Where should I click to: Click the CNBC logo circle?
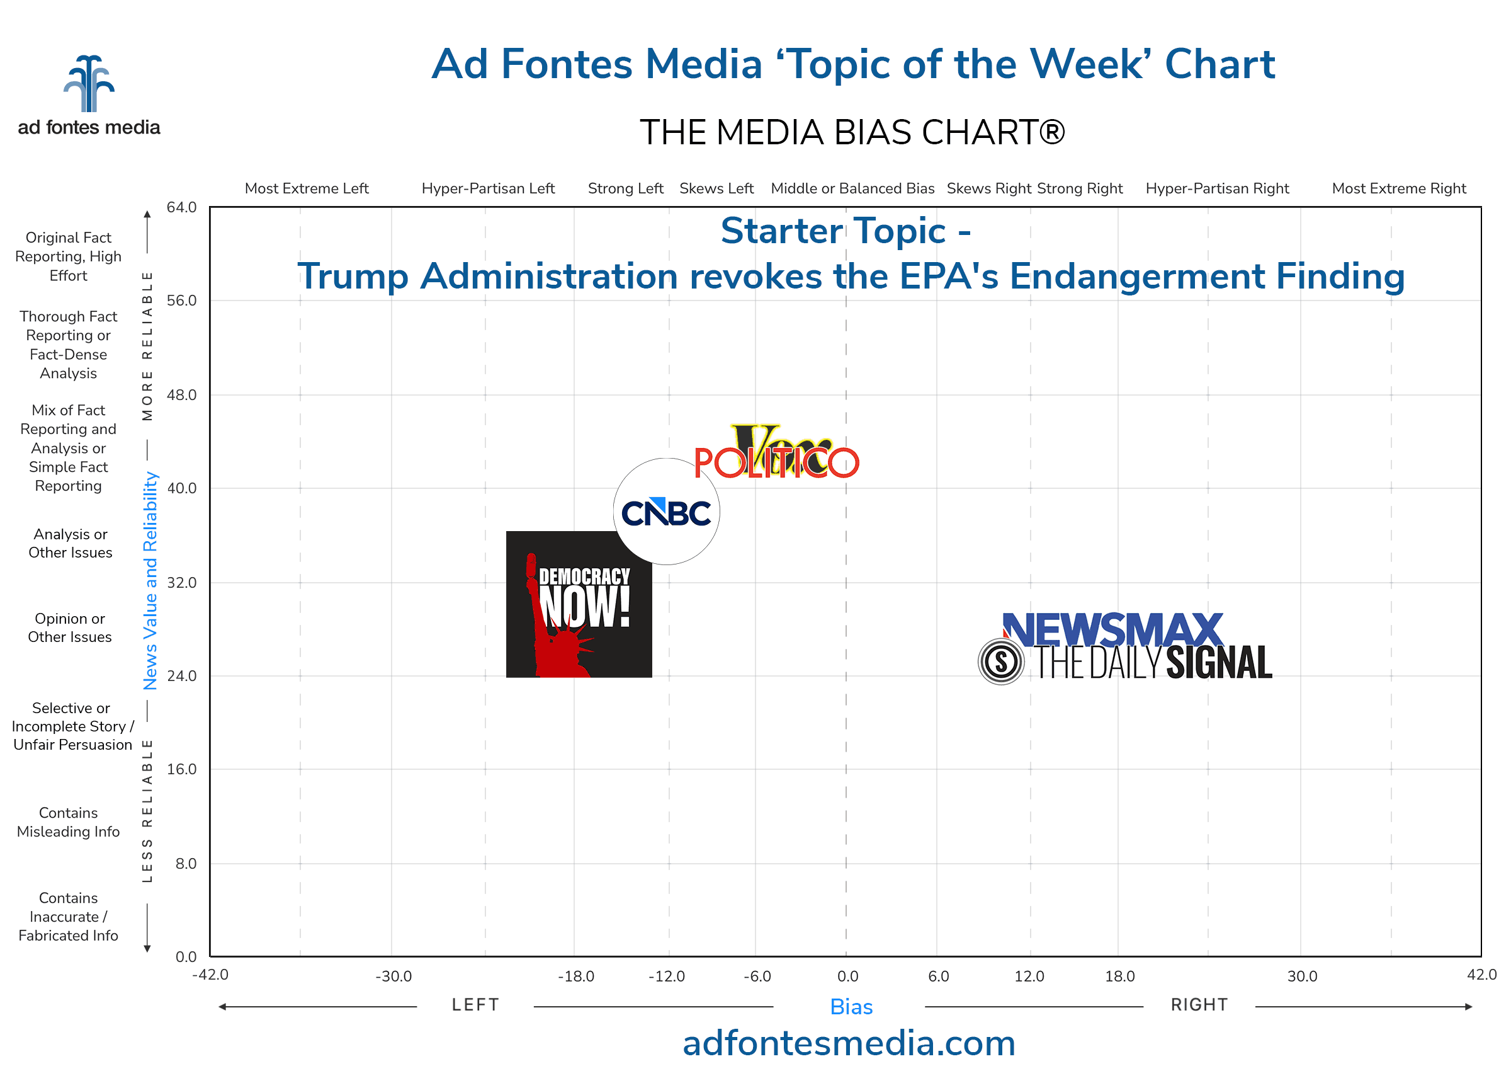point(666,512)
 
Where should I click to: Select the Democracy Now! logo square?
point(579,604)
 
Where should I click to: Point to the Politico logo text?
point(776,463)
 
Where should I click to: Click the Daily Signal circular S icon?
point(1001,661)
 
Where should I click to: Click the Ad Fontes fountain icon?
point(89,84)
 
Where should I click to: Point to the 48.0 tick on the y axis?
point(181,395)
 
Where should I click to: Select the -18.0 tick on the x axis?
point(576,976)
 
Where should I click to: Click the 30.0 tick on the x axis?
point(1302,976)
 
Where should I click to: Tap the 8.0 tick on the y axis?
point(186,864)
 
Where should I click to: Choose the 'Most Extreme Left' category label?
point(307,188)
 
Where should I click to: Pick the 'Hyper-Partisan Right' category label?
point(1217,188)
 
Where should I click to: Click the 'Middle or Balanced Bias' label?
point(852,188)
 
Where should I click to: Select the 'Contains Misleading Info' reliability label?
point(69,822)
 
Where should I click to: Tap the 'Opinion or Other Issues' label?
point(70,628)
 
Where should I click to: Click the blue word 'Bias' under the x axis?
point(851,1007)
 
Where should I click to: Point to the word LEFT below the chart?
point(475,1005)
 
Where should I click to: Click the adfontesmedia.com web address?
point(849,1043)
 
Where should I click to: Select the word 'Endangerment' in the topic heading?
point(1136,276)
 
